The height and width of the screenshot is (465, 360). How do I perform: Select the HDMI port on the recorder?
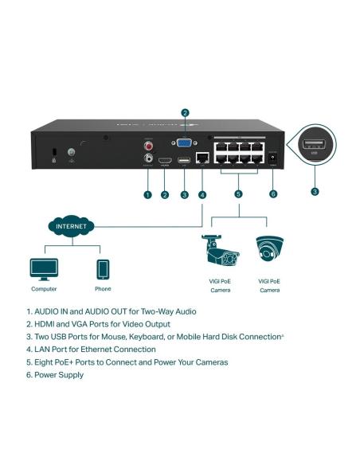tap(165, 162)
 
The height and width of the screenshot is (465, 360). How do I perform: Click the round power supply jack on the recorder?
tap(273, 159)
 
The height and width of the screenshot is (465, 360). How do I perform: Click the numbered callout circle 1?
tap(147, 194)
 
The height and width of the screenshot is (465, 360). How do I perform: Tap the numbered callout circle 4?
tap(202, 194)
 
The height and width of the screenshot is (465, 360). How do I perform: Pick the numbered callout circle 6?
tap(273, 194)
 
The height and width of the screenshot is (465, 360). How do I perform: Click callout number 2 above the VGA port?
tap(185, 113)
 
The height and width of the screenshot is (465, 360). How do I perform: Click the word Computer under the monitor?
tap(44, 289)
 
